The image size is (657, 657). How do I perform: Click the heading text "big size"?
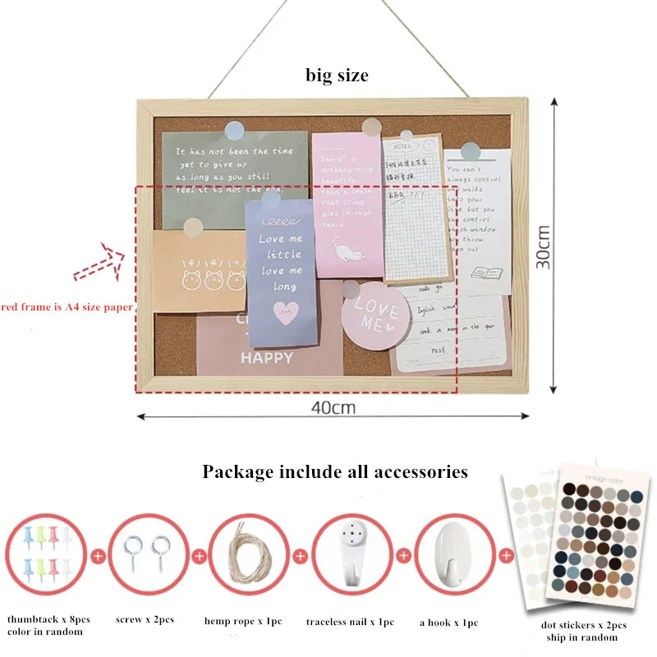tap(337, 76)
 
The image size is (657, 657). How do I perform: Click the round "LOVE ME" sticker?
tap(375, 316)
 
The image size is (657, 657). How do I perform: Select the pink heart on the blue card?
tap(285, 313)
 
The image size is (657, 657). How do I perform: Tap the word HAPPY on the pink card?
tap(267, 358)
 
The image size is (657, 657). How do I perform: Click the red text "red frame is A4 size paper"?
tap(67, 307)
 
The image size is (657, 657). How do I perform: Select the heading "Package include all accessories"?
tap(335, 471)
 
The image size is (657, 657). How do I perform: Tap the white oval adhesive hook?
tap(447, 553)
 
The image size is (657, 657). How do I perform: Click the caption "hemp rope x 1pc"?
tap(243, 621)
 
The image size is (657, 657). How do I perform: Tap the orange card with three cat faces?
tap(199, 270)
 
